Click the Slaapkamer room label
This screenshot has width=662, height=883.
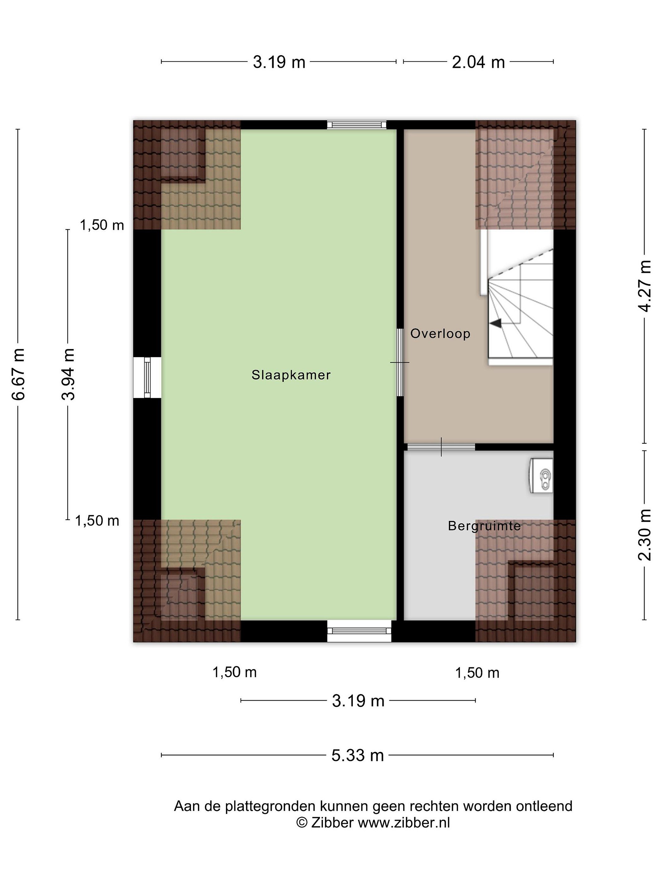[291, 375]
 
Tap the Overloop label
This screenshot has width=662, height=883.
[440, 333]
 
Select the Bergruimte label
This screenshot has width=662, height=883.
[484, 526]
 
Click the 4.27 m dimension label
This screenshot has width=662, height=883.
[645, 286]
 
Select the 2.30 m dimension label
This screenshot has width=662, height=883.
[645, 535]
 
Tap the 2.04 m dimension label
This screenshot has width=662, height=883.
[478, 62]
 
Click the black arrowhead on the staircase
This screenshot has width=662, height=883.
[496, 323]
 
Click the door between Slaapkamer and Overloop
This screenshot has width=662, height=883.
[400, 362]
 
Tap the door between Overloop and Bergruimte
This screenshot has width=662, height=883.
[441, 447]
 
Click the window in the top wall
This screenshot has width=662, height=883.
[357, 124]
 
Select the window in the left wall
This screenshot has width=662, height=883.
[147, 378]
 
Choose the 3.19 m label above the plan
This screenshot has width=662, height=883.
[279, 62]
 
